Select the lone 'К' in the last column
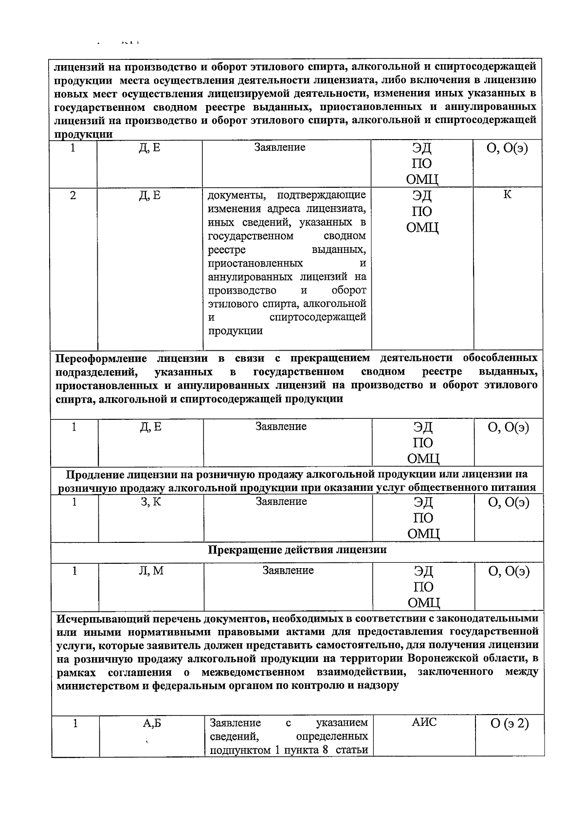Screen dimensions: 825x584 pyautogui.click(x=507, y=195)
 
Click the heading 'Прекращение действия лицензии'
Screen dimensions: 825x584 pyautogui.click(x=297, y=550)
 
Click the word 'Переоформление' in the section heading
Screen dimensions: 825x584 pyautogui.click(x=101, y=359)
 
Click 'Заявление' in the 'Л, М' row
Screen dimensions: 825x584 pyautogui.click(x=288, y=571)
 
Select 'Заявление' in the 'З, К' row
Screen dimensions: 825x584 pyautogui.click(x=281, y=502)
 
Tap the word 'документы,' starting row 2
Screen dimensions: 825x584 pyautogui.click(x=237, y=196)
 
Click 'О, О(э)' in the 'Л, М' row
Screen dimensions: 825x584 pyautogui.click(x=509, y=572)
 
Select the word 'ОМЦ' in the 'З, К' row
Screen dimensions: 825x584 pyautogui.click(x=423, y=534)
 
